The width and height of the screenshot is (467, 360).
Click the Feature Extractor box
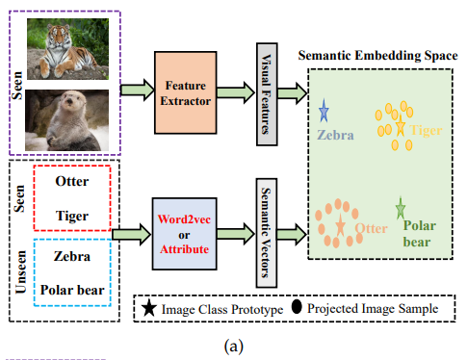coord(186,92)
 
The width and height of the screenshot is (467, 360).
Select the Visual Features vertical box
coord(267,94)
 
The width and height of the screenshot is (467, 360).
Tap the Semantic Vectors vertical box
coord(267,233)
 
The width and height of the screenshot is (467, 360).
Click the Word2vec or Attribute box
coord(185,234)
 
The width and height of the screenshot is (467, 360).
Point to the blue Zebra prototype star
coord(324,111)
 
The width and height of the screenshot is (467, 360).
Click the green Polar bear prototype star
coord(401,208)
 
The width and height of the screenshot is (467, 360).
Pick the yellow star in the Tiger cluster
coord(401,126)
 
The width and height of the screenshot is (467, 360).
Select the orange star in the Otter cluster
coord(341,225)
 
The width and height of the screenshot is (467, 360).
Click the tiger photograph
coord(67,49)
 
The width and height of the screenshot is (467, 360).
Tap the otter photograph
coord(67,120)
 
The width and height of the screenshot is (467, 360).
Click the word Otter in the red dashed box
coord(72,181)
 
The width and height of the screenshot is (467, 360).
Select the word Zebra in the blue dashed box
coord(72,256)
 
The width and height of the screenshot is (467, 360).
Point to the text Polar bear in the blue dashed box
coord(72,290)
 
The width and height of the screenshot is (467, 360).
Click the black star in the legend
coord(149,308)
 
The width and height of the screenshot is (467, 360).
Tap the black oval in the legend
coord(297,306)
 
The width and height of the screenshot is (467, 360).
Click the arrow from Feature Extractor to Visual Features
coord(236,92)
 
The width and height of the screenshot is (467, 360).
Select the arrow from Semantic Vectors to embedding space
coord(292,234)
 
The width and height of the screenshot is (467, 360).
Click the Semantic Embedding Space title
coord(378,56)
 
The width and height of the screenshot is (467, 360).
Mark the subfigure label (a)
coord(234,347)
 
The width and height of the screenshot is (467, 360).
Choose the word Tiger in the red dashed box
coord(72,216)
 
